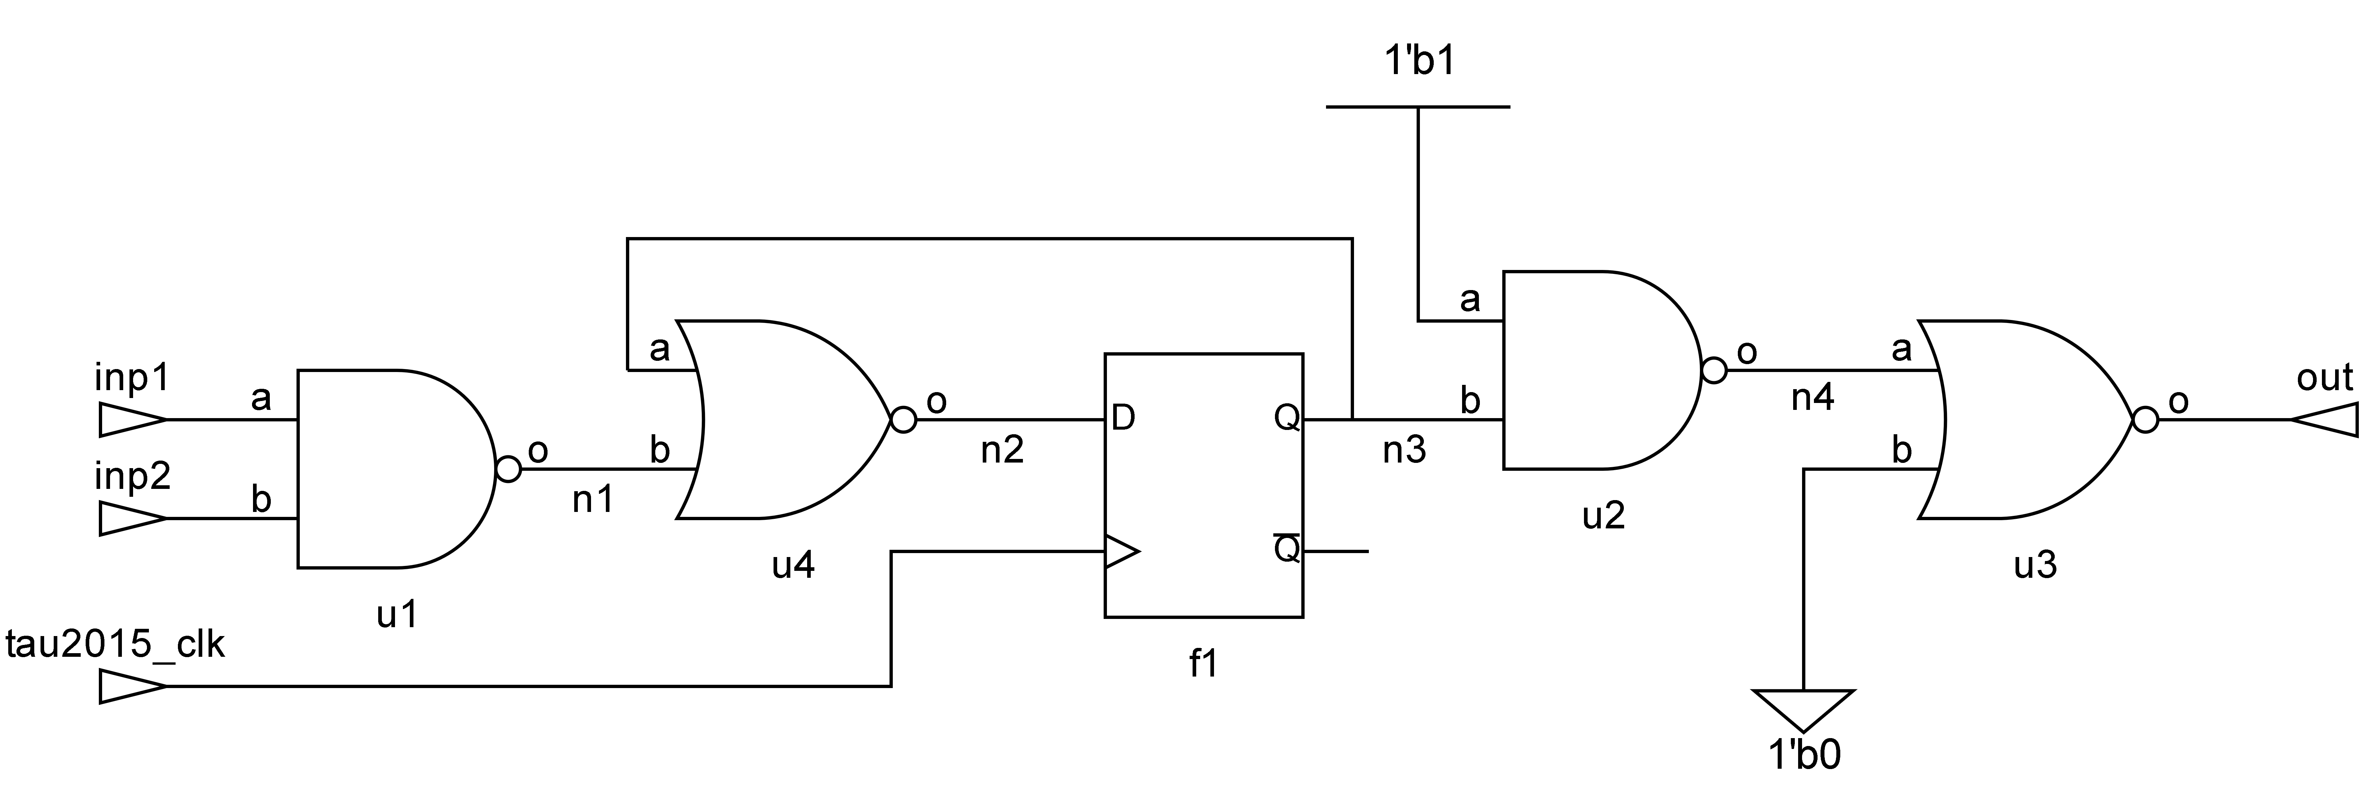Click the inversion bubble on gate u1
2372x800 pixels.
508,469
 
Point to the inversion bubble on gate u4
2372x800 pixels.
903,421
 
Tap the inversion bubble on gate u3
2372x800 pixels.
2145,421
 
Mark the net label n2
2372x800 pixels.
1002,450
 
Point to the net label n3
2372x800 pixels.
1404,450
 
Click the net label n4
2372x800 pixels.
1812,399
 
